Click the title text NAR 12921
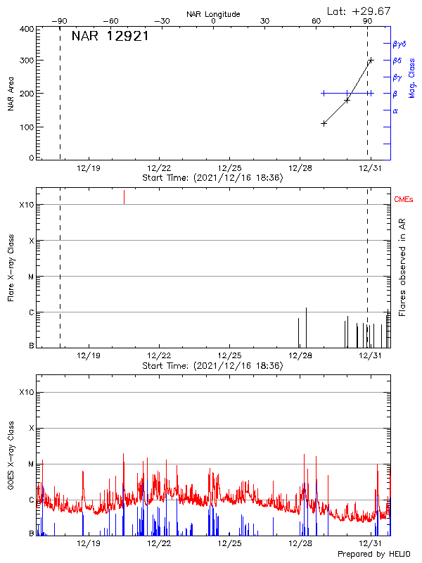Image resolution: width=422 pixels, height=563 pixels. (x=110, y=37)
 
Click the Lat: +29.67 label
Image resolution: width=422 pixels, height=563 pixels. (x=359, y=11)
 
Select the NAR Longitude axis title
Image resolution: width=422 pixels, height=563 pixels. (x=213, y=14)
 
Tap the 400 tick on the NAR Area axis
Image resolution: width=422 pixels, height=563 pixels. (x=27, y=30)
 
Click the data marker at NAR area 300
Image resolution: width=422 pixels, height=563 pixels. (x=371, y=61)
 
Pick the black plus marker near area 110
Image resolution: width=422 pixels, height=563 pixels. (x=324, y=123)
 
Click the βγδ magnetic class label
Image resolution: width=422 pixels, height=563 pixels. (x=400, y=44)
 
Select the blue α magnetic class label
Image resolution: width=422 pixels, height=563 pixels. (x=395, y=110)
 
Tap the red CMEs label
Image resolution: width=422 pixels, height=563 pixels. (x=404, y=201)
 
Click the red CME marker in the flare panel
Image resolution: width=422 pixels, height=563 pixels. (x=124, y=196)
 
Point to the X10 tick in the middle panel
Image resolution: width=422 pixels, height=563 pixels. (x=26, y=205)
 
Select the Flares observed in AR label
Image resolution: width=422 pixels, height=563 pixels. (x=402, y=267)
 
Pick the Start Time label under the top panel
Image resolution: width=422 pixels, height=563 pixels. (x=212, y=178)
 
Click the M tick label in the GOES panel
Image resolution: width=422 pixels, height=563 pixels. (x=30, y=464)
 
